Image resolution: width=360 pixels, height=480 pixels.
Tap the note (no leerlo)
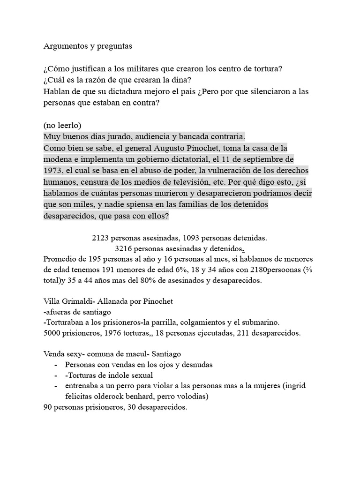[62, 126]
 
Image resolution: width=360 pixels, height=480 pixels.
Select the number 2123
[101, 238]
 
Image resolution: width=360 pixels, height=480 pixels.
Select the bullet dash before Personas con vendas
[56, 365]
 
